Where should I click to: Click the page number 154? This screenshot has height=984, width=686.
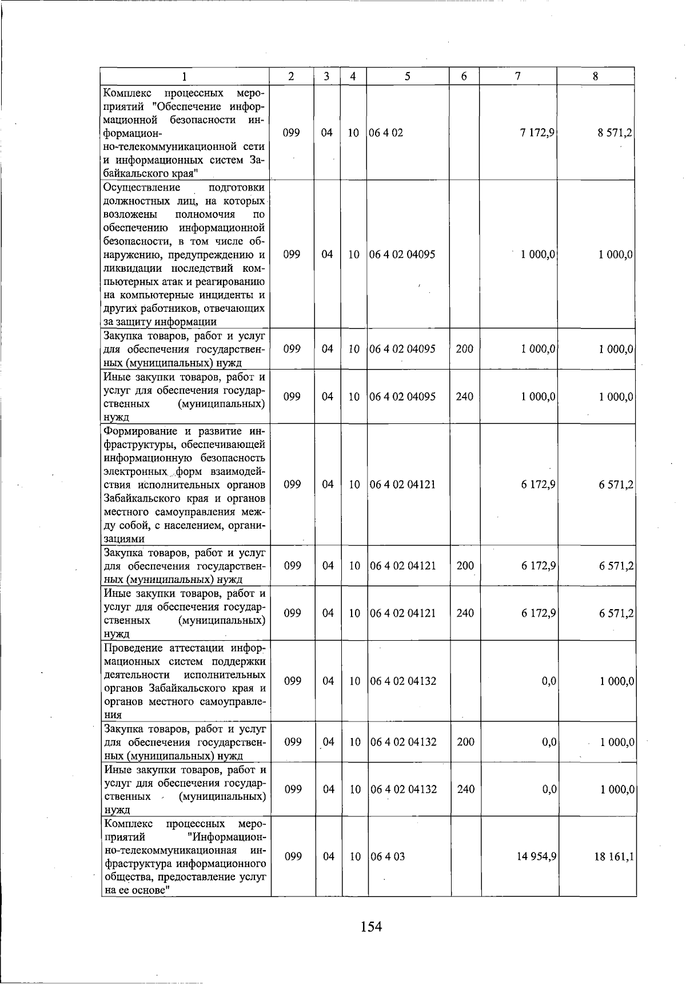371,926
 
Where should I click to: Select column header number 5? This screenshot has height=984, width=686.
408,76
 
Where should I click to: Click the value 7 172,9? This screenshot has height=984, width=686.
537,133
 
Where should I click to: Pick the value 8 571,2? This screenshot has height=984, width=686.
615,133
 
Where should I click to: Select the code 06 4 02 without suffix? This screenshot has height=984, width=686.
386,133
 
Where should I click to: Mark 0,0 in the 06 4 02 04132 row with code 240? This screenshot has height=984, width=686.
549,789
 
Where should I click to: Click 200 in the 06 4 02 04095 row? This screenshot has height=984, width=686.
465,348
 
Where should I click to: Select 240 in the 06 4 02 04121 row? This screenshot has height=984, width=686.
465,613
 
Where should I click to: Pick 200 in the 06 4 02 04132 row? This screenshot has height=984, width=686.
465,742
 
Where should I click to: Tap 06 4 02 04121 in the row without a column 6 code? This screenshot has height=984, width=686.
402,485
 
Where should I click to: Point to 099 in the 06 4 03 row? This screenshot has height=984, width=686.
293,856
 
